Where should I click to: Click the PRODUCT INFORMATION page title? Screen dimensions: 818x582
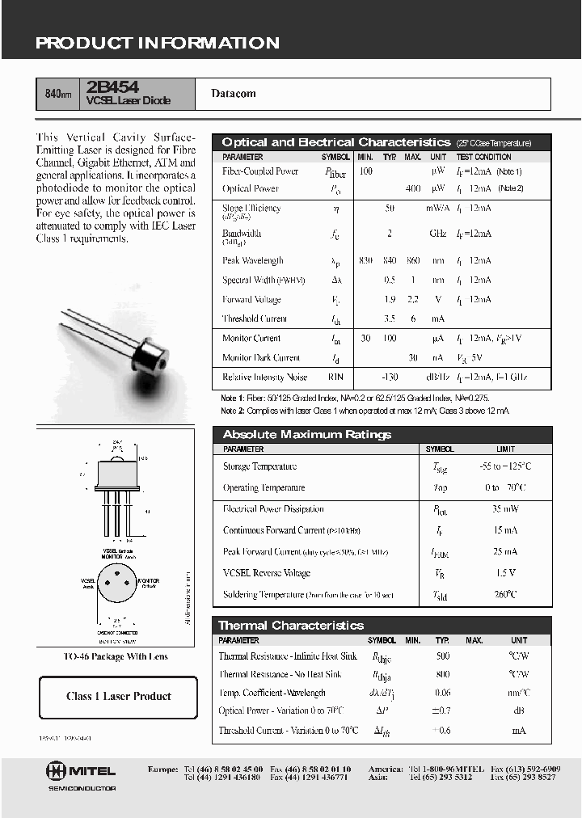tap(157, 43)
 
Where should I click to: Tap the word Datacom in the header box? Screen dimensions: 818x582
tap(234, 94)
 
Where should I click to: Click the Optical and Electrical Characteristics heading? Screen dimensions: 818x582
tap(335, 142)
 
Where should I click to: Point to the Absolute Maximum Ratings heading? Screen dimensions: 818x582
tap(306, 435)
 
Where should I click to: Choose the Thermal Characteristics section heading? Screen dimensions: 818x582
tap(291, 626)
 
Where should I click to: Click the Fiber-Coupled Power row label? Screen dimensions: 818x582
tap(260, 171)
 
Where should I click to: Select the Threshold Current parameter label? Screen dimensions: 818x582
tap(255, 318)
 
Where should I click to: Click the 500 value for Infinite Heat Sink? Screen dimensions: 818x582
tap(442, 656)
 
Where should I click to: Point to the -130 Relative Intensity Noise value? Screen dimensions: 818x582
tap(391, 377)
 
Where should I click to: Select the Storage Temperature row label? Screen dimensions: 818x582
tap(259, 466)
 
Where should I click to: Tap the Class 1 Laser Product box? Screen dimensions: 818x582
tap(118, 697)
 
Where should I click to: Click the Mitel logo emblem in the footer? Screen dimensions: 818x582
tap(59, 771)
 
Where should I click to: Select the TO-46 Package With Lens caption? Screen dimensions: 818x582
tap(116, 657)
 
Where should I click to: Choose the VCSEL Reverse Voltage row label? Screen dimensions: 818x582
tap(266, 573)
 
